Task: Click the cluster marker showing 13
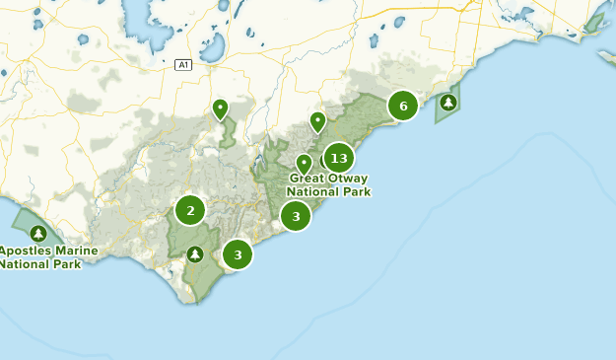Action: coord(339,158)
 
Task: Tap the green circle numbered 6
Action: coord(403,106)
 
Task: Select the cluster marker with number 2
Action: coord(190,210)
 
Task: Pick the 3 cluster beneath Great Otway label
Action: coord(296,216)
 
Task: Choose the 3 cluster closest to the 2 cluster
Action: coord(238,254)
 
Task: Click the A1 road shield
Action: coord(182,65)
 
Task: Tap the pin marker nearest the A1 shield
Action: coord(220,108)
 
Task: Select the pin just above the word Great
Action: coord(304,163)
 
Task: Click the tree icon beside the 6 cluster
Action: coord(448,102)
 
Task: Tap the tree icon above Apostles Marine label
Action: coord(38,234)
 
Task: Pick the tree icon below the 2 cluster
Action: coord(195,254)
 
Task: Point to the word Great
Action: coord(308,179)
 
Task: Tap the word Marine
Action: coord(77,252)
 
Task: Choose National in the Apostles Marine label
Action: coord(26,264)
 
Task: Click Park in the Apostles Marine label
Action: coord(69,264)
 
